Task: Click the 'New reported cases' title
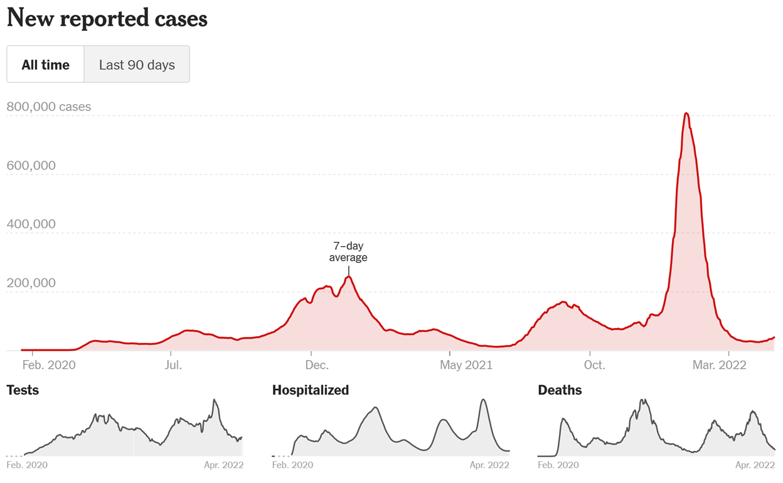107,19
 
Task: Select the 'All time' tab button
45,65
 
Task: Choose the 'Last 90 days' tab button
137,65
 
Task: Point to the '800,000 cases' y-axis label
49,107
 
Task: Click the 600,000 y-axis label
31,166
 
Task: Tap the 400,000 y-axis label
31,224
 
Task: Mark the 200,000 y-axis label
31,283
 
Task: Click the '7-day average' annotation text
348,252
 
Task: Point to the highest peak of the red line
686,114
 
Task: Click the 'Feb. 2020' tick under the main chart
49,365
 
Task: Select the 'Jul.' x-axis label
173,365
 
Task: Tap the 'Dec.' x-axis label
317,365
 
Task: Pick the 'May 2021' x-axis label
466,365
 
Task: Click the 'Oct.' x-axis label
594,365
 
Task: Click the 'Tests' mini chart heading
23,390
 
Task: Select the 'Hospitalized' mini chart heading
311,390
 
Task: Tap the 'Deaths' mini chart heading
560,390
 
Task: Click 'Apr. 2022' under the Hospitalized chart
489,465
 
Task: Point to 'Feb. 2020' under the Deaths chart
558,465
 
